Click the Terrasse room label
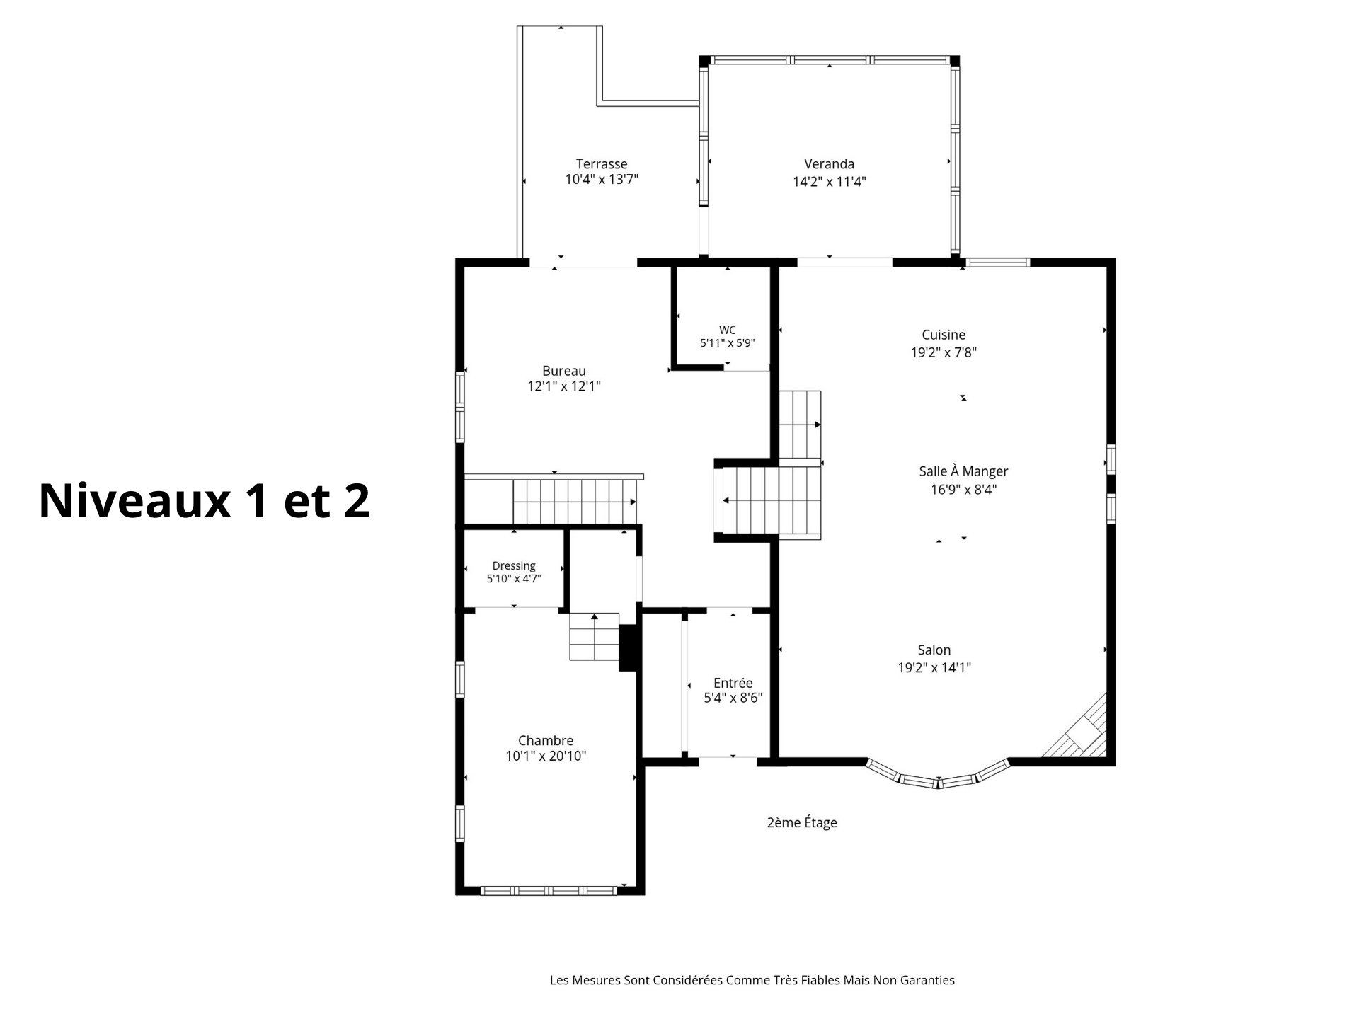pos(601,164)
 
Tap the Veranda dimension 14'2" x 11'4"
pos(830,182)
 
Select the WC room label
pos(727,330)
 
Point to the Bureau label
pos(564,371)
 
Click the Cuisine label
pos(944,335)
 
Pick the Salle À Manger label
pos(963,471)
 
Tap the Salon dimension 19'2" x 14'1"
pos(934,667)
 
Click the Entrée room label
pos(733,683)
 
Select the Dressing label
pos(514,566)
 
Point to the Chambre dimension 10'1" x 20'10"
pos(546,756)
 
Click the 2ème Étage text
pos(802,822)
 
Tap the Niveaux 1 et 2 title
pos(205,501)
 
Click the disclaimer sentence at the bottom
pos(752,980)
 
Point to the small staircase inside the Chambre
pos(595,637)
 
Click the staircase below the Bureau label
pos(575,501)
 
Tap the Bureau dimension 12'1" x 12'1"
pos(564,386)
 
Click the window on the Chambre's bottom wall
pos(549,891)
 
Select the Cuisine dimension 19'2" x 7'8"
pos(944,352)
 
